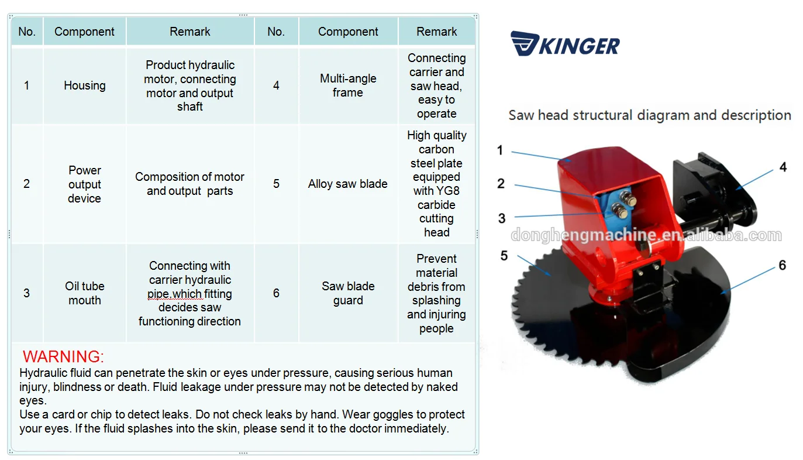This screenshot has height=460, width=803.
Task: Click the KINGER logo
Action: coord(564,44)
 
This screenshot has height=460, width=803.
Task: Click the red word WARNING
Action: coord(63,356)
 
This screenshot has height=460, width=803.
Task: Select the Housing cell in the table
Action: coord(85,85)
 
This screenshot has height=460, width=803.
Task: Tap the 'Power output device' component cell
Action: coord(85,184)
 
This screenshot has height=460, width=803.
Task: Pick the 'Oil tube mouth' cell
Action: coord(85,293)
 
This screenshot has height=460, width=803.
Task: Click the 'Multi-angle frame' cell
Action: coord(348,85)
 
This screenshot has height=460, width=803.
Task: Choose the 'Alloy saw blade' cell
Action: coord(348,184)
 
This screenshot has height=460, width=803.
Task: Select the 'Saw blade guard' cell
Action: coord(348,293)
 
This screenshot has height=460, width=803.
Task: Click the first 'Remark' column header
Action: coord(190,32)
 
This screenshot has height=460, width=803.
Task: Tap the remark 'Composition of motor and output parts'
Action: coord(190,184)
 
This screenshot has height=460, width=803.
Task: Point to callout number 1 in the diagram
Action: coord(500,150)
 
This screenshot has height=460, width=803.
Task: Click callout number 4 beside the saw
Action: coord(783,167)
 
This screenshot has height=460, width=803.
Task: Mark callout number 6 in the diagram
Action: coord(782,266)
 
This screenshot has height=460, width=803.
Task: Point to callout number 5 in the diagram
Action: coord(504,256)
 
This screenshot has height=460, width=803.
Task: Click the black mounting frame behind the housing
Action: coord(705,176)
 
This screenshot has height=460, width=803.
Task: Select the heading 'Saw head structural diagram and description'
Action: coord(649,115)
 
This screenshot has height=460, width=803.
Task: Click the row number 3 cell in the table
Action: coord(26,293)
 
